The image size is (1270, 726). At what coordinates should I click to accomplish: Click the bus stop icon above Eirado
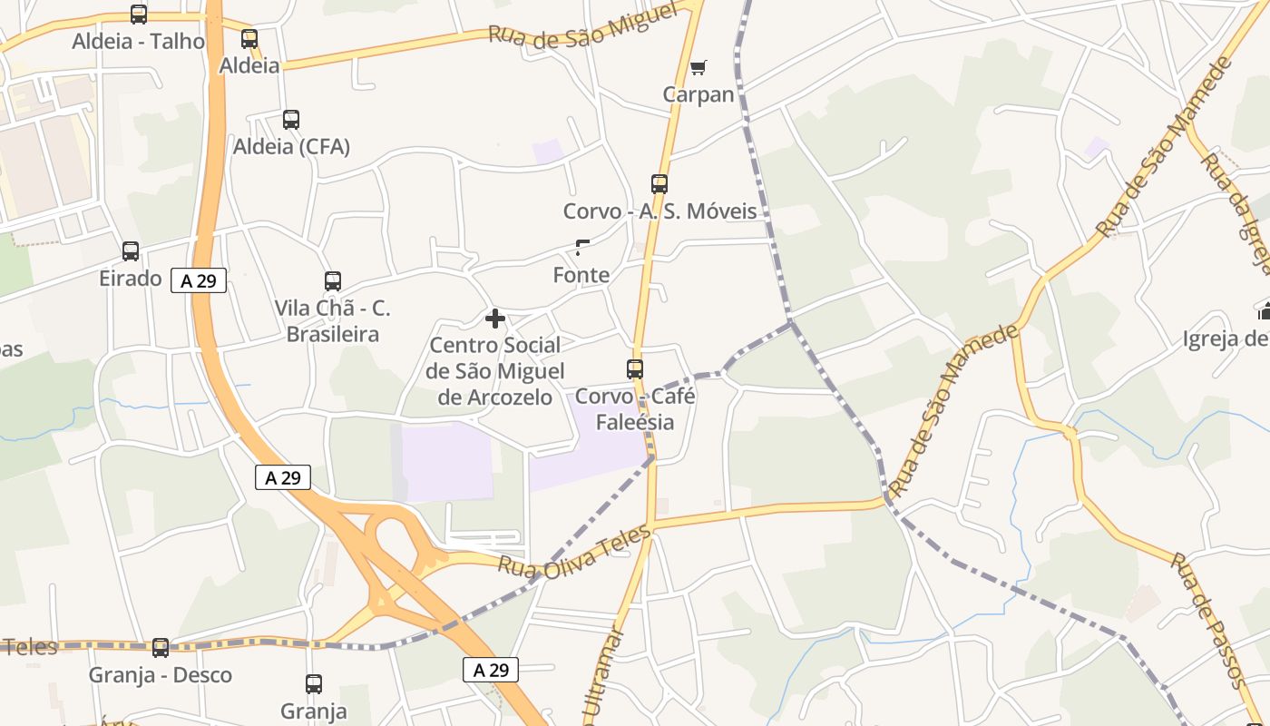(131, 251)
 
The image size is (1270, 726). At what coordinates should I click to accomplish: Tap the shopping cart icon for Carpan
(698, 67)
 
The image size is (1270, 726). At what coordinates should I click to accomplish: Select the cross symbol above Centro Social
(495, 319)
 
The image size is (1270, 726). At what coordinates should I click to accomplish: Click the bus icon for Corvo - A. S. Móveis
(659, 184)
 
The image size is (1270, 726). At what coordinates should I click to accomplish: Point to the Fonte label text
(581, 274)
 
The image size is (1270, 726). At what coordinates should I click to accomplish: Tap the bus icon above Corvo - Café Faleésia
(635, 369)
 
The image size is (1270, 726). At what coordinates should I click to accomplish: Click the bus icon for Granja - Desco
(161, 648)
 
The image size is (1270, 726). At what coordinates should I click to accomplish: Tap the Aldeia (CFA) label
(291, 146)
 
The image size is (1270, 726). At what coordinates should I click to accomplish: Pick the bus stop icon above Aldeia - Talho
(139, 15)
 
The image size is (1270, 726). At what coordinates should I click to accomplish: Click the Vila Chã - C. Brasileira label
(333, 321)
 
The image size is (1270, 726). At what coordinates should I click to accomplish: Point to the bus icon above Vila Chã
(333, 281)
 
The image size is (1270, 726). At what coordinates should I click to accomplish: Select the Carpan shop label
(698, 94)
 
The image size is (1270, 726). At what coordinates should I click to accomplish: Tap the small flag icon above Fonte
(582, 247)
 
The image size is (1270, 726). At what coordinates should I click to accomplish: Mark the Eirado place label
(131, 279)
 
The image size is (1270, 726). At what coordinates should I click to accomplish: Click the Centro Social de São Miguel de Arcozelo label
(495, 371)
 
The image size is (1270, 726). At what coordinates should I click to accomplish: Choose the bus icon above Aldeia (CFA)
(291, 120)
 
